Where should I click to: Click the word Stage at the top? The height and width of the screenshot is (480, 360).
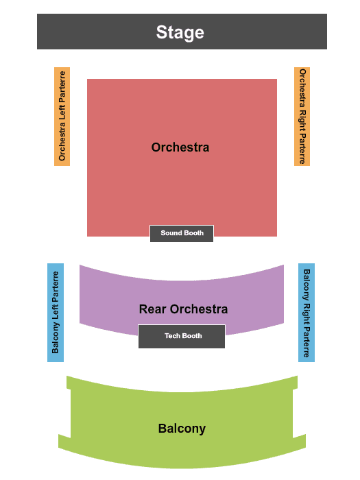[180, 32]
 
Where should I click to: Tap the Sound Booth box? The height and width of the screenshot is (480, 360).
[182, 234]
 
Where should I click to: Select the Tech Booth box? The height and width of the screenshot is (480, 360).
[182, 337]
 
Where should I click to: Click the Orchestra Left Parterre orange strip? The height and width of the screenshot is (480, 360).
[62, 117]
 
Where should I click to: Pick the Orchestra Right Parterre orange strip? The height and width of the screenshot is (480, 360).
[302, 117]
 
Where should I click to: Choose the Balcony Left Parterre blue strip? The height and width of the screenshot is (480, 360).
[56, 313]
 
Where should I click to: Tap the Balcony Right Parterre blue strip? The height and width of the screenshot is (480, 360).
[307, 313]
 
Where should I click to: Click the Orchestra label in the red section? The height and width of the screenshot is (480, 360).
[180, 147]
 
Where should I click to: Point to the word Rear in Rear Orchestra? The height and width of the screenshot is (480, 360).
[153, 309]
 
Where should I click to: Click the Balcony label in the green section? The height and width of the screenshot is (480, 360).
[182, 429]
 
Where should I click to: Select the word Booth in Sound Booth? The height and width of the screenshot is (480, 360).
[193, 233]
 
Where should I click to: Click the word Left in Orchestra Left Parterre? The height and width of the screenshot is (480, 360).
[62, 113]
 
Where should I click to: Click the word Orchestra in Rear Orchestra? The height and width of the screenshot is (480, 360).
[199, 309]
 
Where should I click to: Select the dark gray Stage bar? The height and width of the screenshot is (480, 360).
[182, 32]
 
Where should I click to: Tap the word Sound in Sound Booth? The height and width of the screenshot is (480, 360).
[171, 233]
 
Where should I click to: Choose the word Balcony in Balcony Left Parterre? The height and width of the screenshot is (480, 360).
[55, 338]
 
